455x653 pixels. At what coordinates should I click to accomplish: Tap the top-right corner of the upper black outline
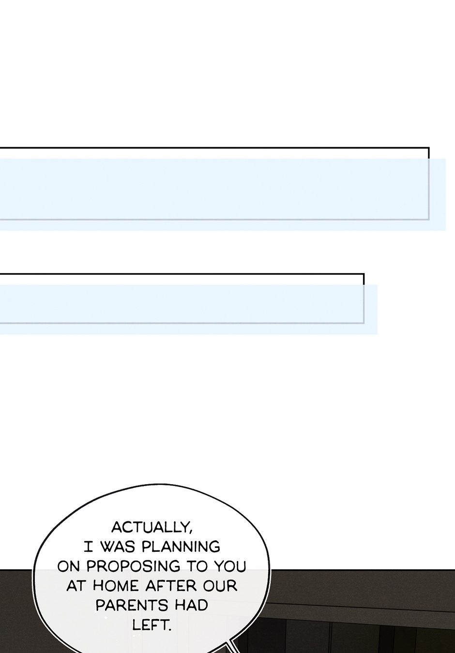(428, 148)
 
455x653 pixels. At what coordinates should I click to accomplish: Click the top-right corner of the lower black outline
(364, 274)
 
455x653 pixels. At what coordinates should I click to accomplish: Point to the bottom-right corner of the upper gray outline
(429, 219)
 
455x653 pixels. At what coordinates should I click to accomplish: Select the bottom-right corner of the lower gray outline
(364, 323)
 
